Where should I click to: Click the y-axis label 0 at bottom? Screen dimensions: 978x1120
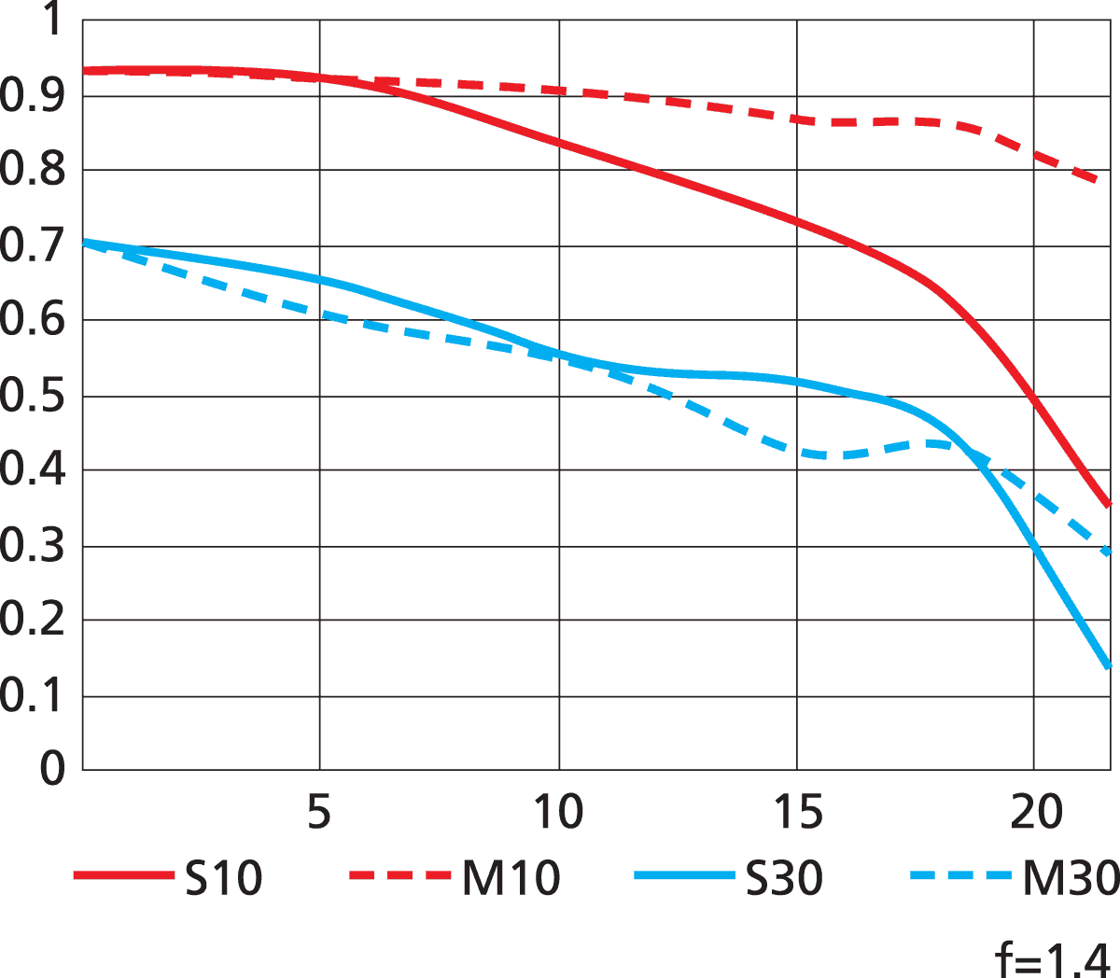52,769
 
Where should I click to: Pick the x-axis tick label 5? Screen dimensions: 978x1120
319,812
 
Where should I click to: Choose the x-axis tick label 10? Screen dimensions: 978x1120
558,812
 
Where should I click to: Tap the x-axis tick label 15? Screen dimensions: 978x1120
798,812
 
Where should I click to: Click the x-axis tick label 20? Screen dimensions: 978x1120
1036,812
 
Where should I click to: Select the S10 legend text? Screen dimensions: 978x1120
223,878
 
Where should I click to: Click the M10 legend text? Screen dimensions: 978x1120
511,878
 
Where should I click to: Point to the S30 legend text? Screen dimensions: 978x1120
784,878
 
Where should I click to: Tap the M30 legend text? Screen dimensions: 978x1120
1071,878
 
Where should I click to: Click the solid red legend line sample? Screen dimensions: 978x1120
123,875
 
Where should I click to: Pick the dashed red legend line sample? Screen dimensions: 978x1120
399,875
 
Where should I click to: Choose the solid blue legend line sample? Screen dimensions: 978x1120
683,875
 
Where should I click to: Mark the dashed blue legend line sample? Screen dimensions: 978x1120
959,875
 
